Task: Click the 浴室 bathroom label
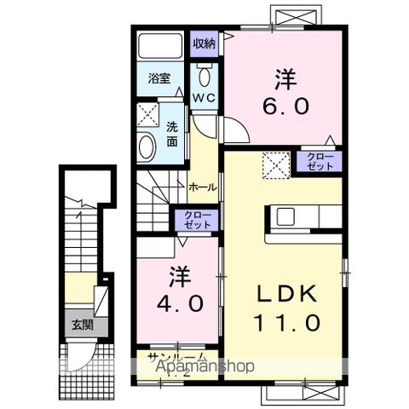pyautogui.click(x=158, y=78)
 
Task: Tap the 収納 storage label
pyautogui.click(x=204, y=43)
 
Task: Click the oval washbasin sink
pyautogui.click(x=147, y=147)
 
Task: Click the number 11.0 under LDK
pyautogui.click(x=289, y=323)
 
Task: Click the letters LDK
pyautogui.click(x=289, y=294)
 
